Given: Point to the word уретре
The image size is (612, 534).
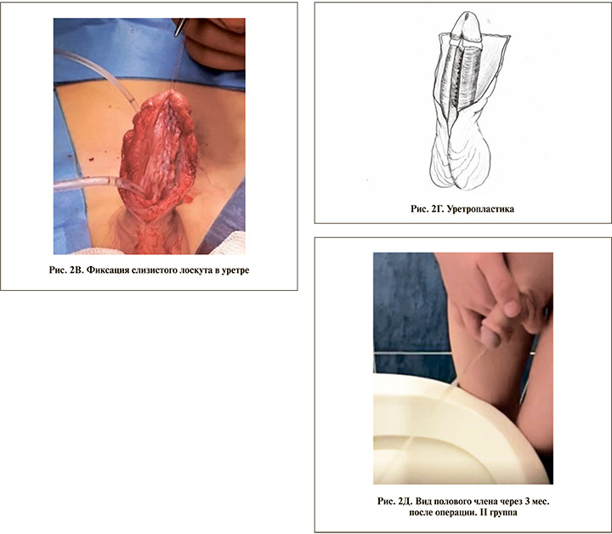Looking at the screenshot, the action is [x=235, y=270].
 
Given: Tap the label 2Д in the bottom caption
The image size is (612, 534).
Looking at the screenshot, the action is [x=405, y=501].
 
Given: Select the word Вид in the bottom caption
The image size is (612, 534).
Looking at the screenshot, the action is [x=423, y=501].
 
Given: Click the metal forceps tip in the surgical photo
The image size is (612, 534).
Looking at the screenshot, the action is [x=179, y=28].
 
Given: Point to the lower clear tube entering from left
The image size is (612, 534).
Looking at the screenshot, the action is [x=98, y=184].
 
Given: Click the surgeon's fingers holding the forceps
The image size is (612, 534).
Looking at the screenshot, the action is [x=215, y=43].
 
